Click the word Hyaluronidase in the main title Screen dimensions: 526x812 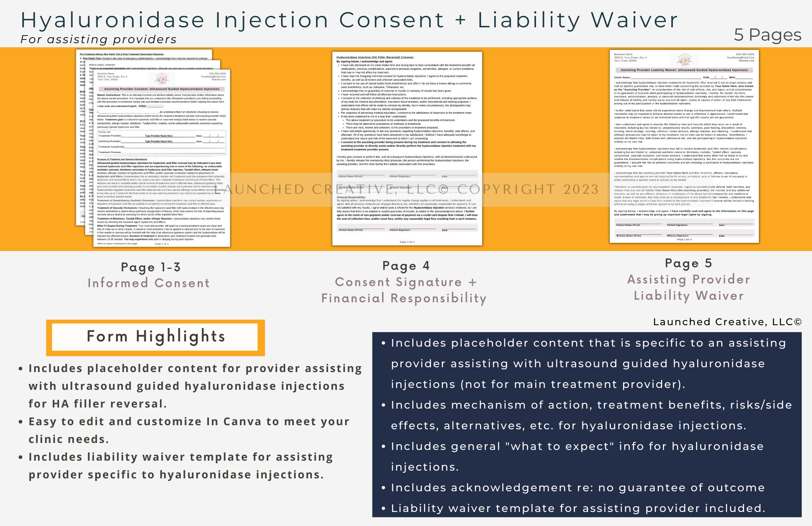[113, 20]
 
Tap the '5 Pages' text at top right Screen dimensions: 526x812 [767, 35]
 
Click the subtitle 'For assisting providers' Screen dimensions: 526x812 [99, 39]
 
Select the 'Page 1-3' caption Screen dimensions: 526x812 [151, 267]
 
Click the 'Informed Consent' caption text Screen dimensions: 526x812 [149, 283]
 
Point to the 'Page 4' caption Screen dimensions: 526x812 [406, 266]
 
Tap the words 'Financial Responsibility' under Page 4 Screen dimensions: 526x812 [404, 298]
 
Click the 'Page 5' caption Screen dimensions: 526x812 [688, 263]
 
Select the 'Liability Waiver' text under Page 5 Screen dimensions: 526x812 [689, 296]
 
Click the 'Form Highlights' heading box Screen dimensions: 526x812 [155, 337]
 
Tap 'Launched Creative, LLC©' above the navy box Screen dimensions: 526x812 [727, 322]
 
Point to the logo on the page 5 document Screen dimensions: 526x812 [685, 60]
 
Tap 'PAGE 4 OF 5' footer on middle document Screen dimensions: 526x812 [407, 242]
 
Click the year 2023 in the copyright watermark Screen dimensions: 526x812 [581, 189]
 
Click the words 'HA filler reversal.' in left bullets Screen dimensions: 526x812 [109, 404]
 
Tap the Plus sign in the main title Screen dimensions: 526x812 [460, 20]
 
